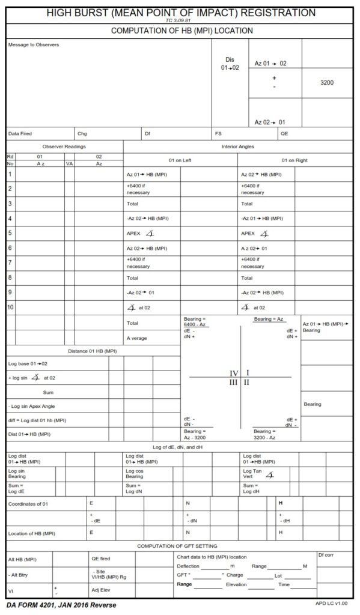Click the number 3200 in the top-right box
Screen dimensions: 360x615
pos(327,83)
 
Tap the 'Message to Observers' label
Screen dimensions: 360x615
pos(34,45)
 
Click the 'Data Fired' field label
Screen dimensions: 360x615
pos(20,133)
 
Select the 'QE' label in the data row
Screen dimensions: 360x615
pos(284,133)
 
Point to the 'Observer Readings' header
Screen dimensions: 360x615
pos(64,147)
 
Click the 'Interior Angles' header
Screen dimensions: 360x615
pos(238,147)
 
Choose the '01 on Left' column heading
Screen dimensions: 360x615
pos(180,160)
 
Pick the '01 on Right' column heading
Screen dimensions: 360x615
pos(294,160)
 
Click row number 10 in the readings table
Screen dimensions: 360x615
pos(10,307)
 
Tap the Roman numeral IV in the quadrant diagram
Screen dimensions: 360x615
pos(234,373)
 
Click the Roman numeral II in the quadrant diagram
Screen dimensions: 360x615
pos(247,382)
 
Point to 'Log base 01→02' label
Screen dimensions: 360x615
pos(28,363)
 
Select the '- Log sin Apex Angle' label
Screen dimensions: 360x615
pos(32,407)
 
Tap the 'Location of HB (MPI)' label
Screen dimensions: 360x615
pos(31,533)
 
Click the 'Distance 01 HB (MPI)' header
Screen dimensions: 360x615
pos(92,351)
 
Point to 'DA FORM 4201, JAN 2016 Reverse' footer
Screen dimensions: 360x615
pos(61,605)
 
